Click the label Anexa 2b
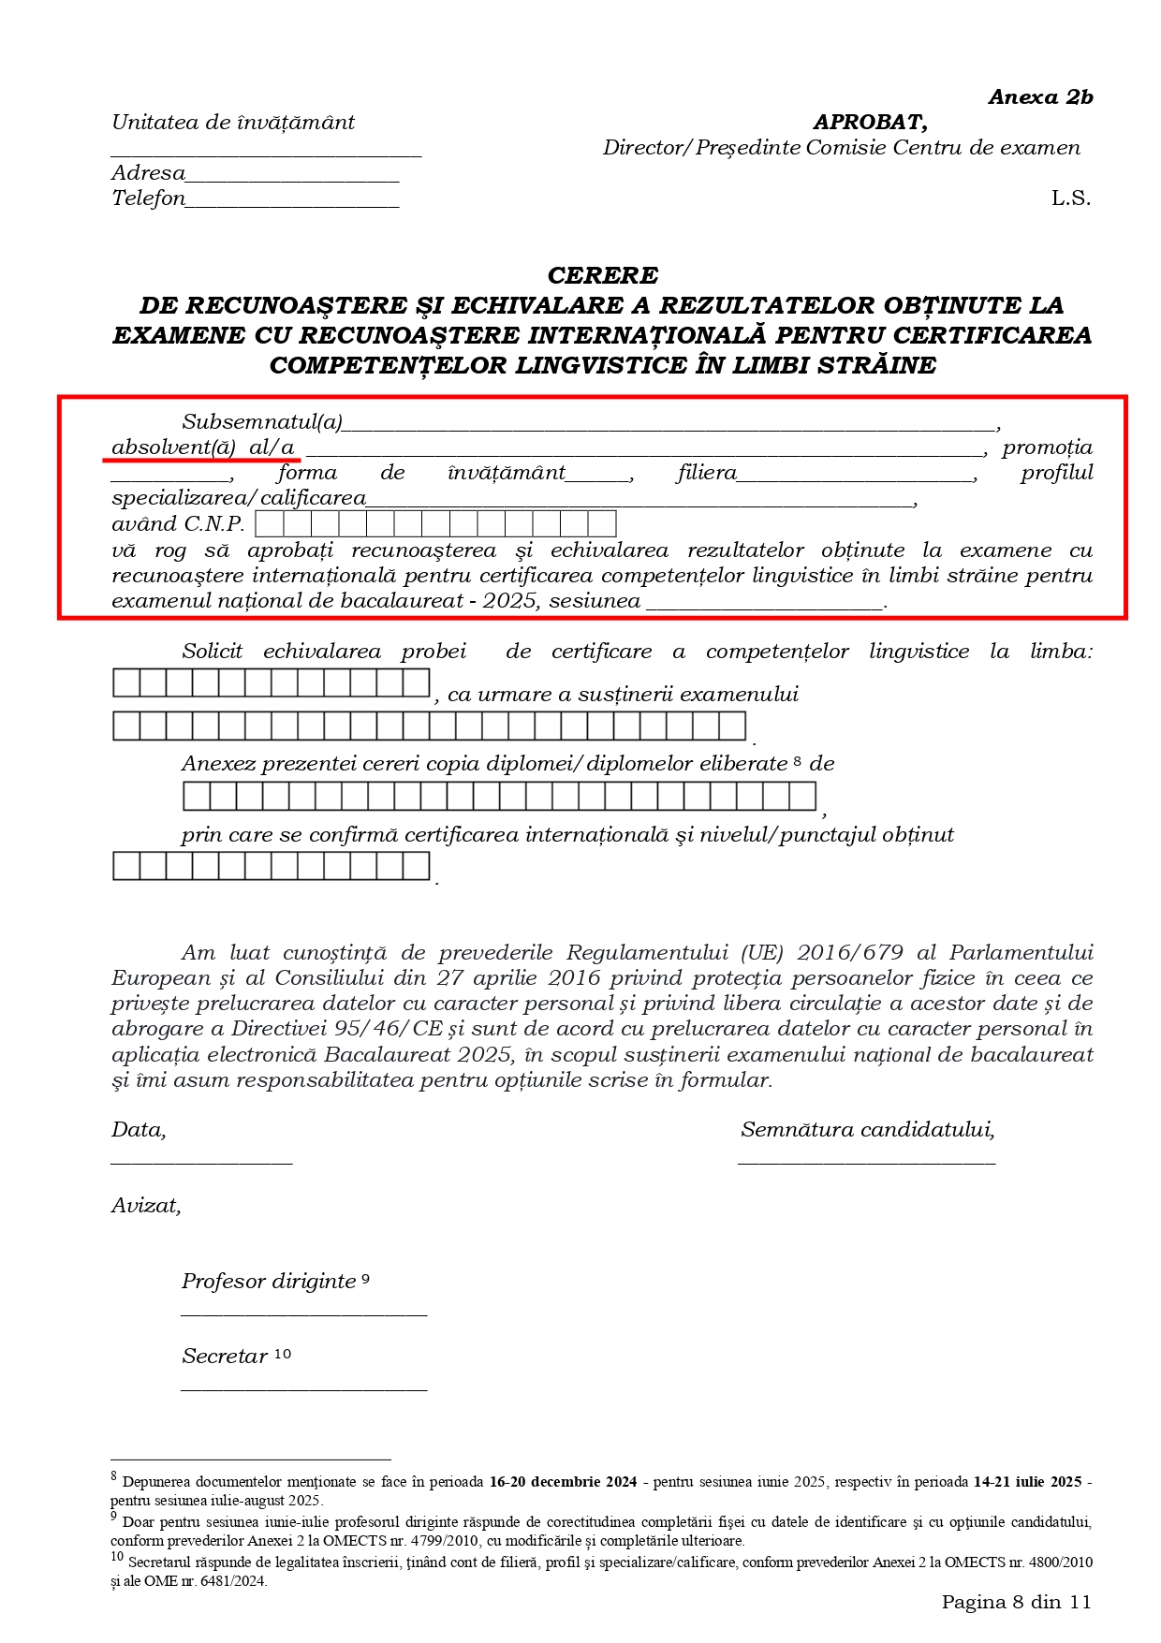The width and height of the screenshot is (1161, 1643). pos(1040,97)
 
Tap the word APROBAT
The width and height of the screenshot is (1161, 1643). pos(870,122)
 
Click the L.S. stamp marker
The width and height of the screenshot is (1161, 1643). pos(1070,198)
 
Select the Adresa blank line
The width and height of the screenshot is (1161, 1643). pos(292,179)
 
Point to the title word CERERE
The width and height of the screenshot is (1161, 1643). pos(603,275)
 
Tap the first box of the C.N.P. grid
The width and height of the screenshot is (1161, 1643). pos(269,523)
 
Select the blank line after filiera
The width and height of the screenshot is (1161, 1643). pos(856,477)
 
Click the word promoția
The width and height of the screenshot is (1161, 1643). pos(1047,447)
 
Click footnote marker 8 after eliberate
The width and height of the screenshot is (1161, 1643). pos(798,762)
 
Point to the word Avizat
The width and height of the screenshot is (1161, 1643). pos(146,1206)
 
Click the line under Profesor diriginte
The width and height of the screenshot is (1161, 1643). pos(303,1314)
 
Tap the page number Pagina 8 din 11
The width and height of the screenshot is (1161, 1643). pos(1016,1602)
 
